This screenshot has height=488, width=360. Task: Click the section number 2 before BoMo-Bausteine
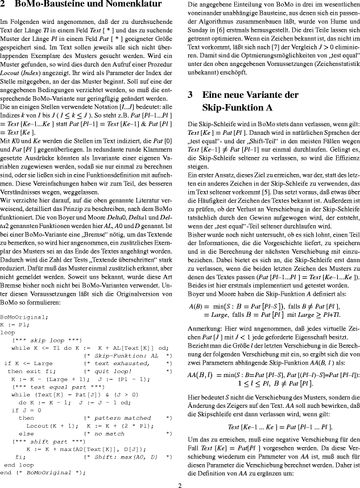click(x=3, y=5)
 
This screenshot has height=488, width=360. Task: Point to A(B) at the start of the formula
click(x=197, y=307)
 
